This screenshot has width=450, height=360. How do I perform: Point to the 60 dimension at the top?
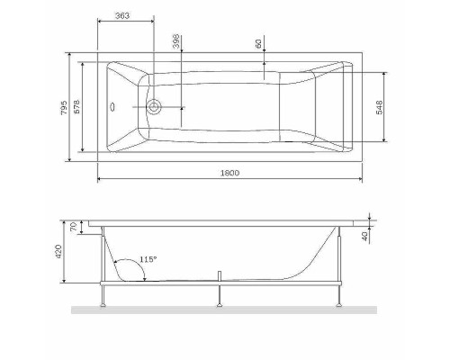[x=258, y=43]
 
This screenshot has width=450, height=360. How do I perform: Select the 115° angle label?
[x=148, y=259]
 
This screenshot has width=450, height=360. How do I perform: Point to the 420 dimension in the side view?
[x=61, y=252]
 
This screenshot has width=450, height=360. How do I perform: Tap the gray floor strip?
[x=225, y=310]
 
